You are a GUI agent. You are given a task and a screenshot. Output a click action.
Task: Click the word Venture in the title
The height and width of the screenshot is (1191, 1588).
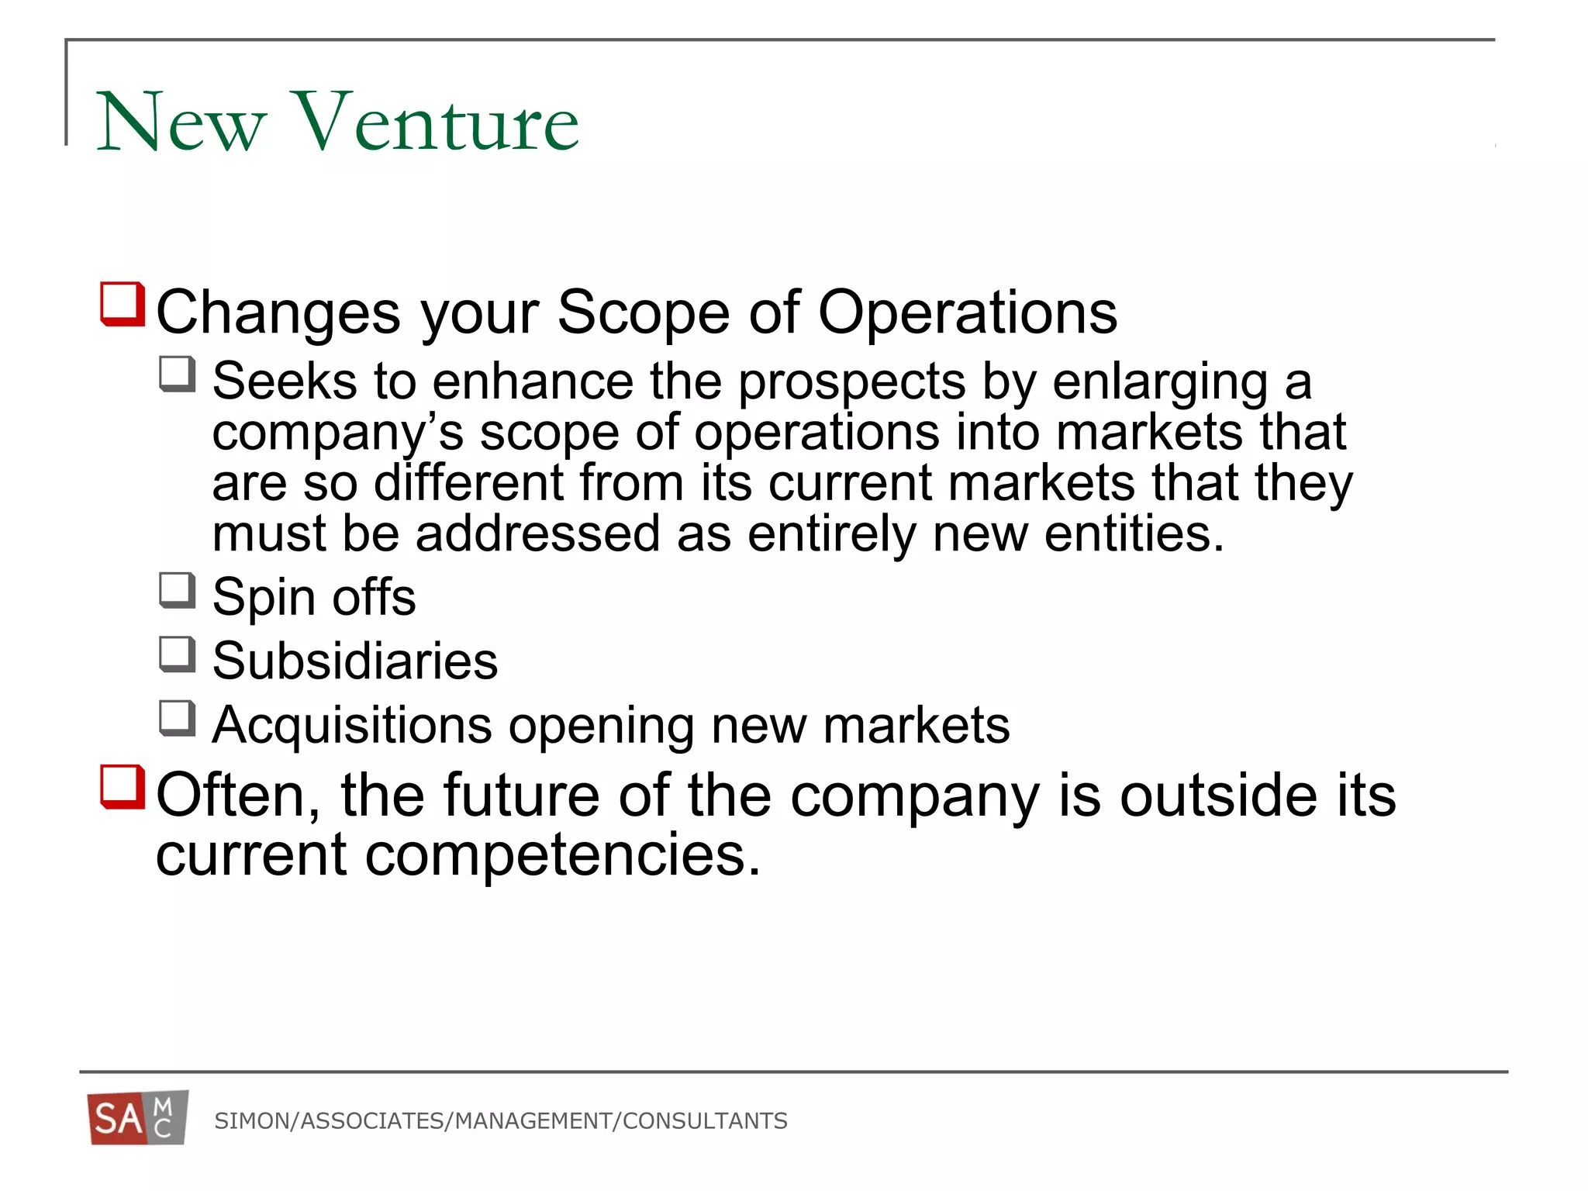437,122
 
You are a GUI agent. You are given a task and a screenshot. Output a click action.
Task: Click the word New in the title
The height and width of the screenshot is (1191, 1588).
181,122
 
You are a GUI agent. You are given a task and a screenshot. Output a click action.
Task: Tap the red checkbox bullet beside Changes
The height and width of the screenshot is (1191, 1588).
123,304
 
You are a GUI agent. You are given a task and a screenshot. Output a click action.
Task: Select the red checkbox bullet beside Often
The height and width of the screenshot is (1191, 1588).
123,787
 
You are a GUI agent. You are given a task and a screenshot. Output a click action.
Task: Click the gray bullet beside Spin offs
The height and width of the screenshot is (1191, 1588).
177,590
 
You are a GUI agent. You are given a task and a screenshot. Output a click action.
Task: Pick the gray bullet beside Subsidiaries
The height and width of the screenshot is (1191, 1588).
177,654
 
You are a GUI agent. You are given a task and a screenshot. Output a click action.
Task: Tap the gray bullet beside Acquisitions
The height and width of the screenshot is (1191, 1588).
177,718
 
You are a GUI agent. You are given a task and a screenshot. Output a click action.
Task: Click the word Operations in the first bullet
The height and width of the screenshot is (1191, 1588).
967,312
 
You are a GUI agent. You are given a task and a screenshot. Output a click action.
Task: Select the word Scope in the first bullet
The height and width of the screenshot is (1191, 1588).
644,312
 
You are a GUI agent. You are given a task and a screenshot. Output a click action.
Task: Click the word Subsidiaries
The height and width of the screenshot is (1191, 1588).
355,661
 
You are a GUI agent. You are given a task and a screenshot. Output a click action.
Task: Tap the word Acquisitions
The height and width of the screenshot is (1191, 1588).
352,726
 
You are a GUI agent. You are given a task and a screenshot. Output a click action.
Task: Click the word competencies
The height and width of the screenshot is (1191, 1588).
563,854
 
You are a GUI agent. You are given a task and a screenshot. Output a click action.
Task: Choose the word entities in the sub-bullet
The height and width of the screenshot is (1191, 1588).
1134,533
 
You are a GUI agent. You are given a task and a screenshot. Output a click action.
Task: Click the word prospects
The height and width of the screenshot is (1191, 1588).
851,382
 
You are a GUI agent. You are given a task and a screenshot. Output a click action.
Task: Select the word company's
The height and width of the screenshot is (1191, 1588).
337,433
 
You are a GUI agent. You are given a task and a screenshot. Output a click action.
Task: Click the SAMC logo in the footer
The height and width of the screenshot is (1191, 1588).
138,1118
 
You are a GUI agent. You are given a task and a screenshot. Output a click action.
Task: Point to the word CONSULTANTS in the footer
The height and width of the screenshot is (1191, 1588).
705,1121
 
